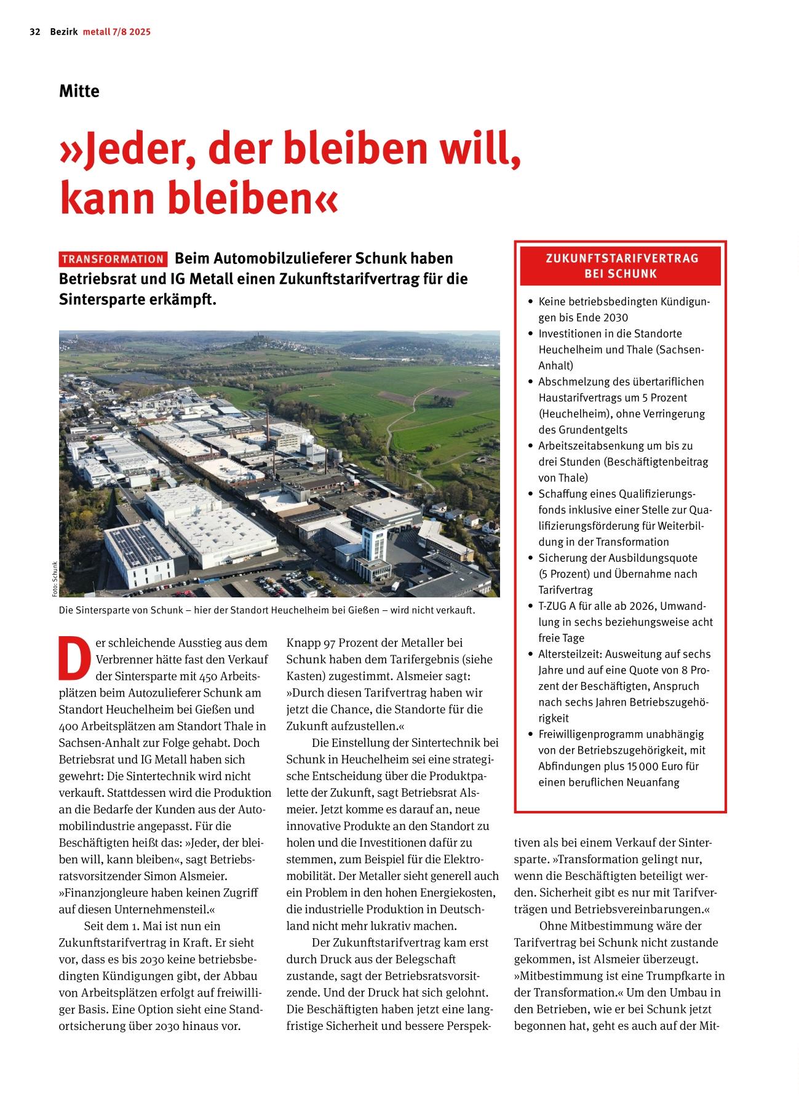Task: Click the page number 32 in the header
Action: point(35,32)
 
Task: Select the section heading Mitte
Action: point(79,91)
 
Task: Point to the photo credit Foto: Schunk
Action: point(55,579)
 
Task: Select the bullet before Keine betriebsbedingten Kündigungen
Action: point(530,302)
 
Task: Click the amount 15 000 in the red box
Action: point(642,767)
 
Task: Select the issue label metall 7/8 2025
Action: point(117,32)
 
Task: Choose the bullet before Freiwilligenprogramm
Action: point(530,735)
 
